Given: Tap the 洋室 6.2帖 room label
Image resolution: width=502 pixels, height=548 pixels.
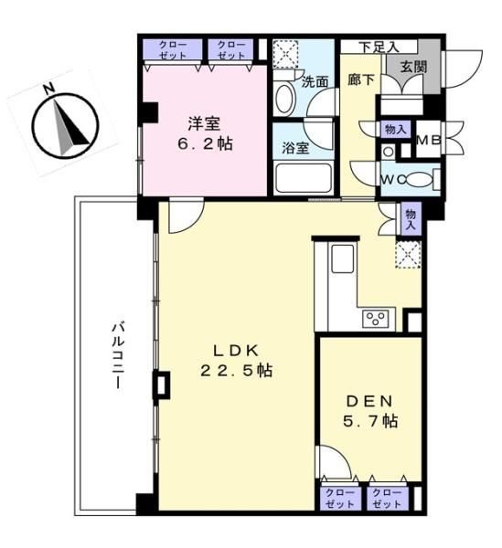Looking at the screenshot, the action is coord(205,133).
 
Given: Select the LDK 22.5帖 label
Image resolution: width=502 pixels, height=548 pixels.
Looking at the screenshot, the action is coord(236,360).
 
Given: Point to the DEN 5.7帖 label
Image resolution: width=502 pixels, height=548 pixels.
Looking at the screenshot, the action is coord(369,411).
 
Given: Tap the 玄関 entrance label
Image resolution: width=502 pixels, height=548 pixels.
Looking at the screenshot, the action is coord(413,67).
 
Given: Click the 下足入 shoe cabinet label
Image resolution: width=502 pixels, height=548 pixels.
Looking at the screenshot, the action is coord(379,47).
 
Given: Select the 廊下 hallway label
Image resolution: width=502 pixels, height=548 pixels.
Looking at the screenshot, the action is coord(360,80).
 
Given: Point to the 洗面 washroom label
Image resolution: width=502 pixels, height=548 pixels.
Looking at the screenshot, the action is coord(315,82).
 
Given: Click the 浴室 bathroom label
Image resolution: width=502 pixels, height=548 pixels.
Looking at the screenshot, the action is coord(295,148).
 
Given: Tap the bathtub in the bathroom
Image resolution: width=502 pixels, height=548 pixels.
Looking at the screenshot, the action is coord(303,179).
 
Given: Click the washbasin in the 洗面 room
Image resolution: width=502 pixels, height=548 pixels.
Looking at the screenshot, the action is coord(284,98).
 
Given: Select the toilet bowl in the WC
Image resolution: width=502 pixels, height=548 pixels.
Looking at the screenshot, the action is coord(419,180).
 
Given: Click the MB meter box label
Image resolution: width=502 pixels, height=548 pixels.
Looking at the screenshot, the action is coord(429,140).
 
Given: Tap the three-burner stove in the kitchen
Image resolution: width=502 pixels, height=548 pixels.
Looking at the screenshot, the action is coord(376,318).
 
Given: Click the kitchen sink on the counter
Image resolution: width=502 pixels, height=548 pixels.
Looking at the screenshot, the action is coord(343,258).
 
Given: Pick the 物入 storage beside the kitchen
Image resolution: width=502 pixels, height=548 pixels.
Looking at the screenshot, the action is coord(411,219).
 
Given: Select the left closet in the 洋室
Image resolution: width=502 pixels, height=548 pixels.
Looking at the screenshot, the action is coord(173,49).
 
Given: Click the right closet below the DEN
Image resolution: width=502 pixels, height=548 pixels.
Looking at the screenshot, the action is coord(388,498).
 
